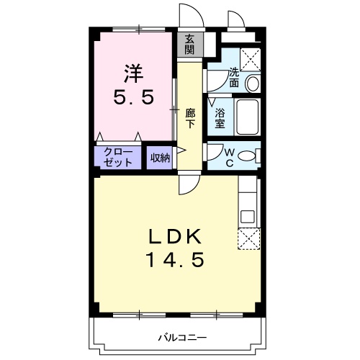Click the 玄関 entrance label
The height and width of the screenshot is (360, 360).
coord(189,45)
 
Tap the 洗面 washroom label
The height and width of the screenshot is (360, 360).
coord(235,77)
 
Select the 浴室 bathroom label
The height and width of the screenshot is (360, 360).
coord(219,118)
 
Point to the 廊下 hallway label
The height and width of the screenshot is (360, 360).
coord(190,117)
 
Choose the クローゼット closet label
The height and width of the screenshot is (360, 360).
coord(118,157)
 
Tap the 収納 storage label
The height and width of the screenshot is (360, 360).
coord(160,158)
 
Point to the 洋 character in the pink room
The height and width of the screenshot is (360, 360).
coord(133,73)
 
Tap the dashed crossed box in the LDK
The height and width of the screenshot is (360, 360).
coord(248,238)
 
